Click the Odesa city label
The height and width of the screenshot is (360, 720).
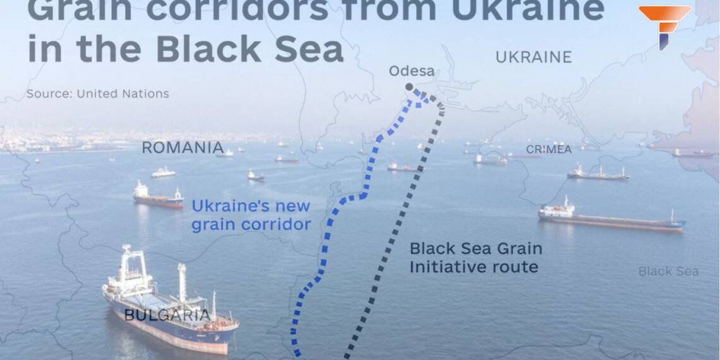pyautogui.click(x=411, y=71)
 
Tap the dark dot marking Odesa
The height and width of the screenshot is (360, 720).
pyautogui.click(x=409, y=87)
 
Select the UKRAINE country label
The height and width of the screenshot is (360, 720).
pyautogui.click(x=533, y=57)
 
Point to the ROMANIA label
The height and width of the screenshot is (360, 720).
pyautogui.click(x=182, y=148)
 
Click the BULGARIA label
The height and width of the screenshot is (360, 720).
pyautogui.click(x=167, y=315)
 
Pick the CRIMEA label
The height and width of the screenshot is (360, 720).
pyautogui.click(x=548, y=150)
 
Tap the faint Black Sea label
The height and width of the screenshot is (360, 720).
pyautogui.click(x=668, y=271)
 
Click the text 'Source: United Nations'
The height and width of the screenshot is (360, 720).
pyautogui.click(x=98, y=93)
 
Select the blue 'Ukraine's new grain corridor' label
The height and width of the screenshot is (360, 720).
pyautogui.click(x=251, y=215)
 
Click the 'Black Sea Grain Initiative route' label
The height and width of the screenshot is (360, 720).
pyautogui.click(x=475, y=257)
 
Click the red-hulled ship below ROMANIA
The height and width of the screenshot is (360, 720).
pyautogui.click(x=158, y=198)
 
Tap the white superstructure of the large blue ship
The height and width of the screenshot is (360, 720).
pyautogui.click(x=133, y=268)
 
